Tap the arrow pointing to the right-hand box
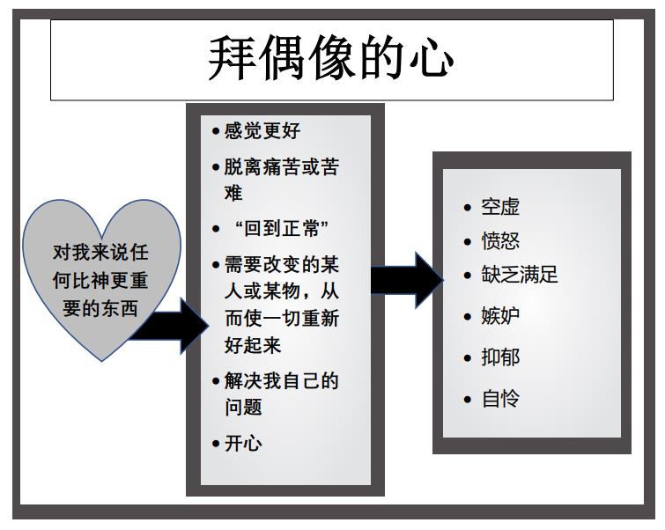pyautogui.click(x=406, y=280)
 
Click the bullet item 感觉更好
pyautogui.click(x=262, y=131)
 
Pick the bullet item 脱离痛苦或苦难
pyautogui.click(x=280, y=180)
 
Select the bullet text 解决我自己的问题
pyautogui.click(x=280, y=394)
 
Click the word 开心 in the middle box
pyautogui.click(x=243, y=443)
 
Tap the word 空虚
pyautogui.click(x=500, y=207)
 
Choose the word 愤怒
pyautogui.click(x=500, y=241)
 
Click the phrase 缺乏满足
pyautogui.click(x=520, y=275)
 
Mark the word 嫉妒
pyautogui.click(x=500, y=316)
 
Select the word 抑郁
pyautogui.click(x=500, y=357)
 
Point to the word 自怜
pyautogui.click(x=500, y=399)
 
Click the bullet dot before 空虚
pyautogui.click(x=468, y=208)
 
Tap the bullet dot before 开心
pyautogui.click(x=216, y=444)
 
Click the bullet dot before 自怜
pyautogui.click(x=468, y=400)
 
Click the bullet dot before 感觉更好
pyautogui.click(x=216, y=132)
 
